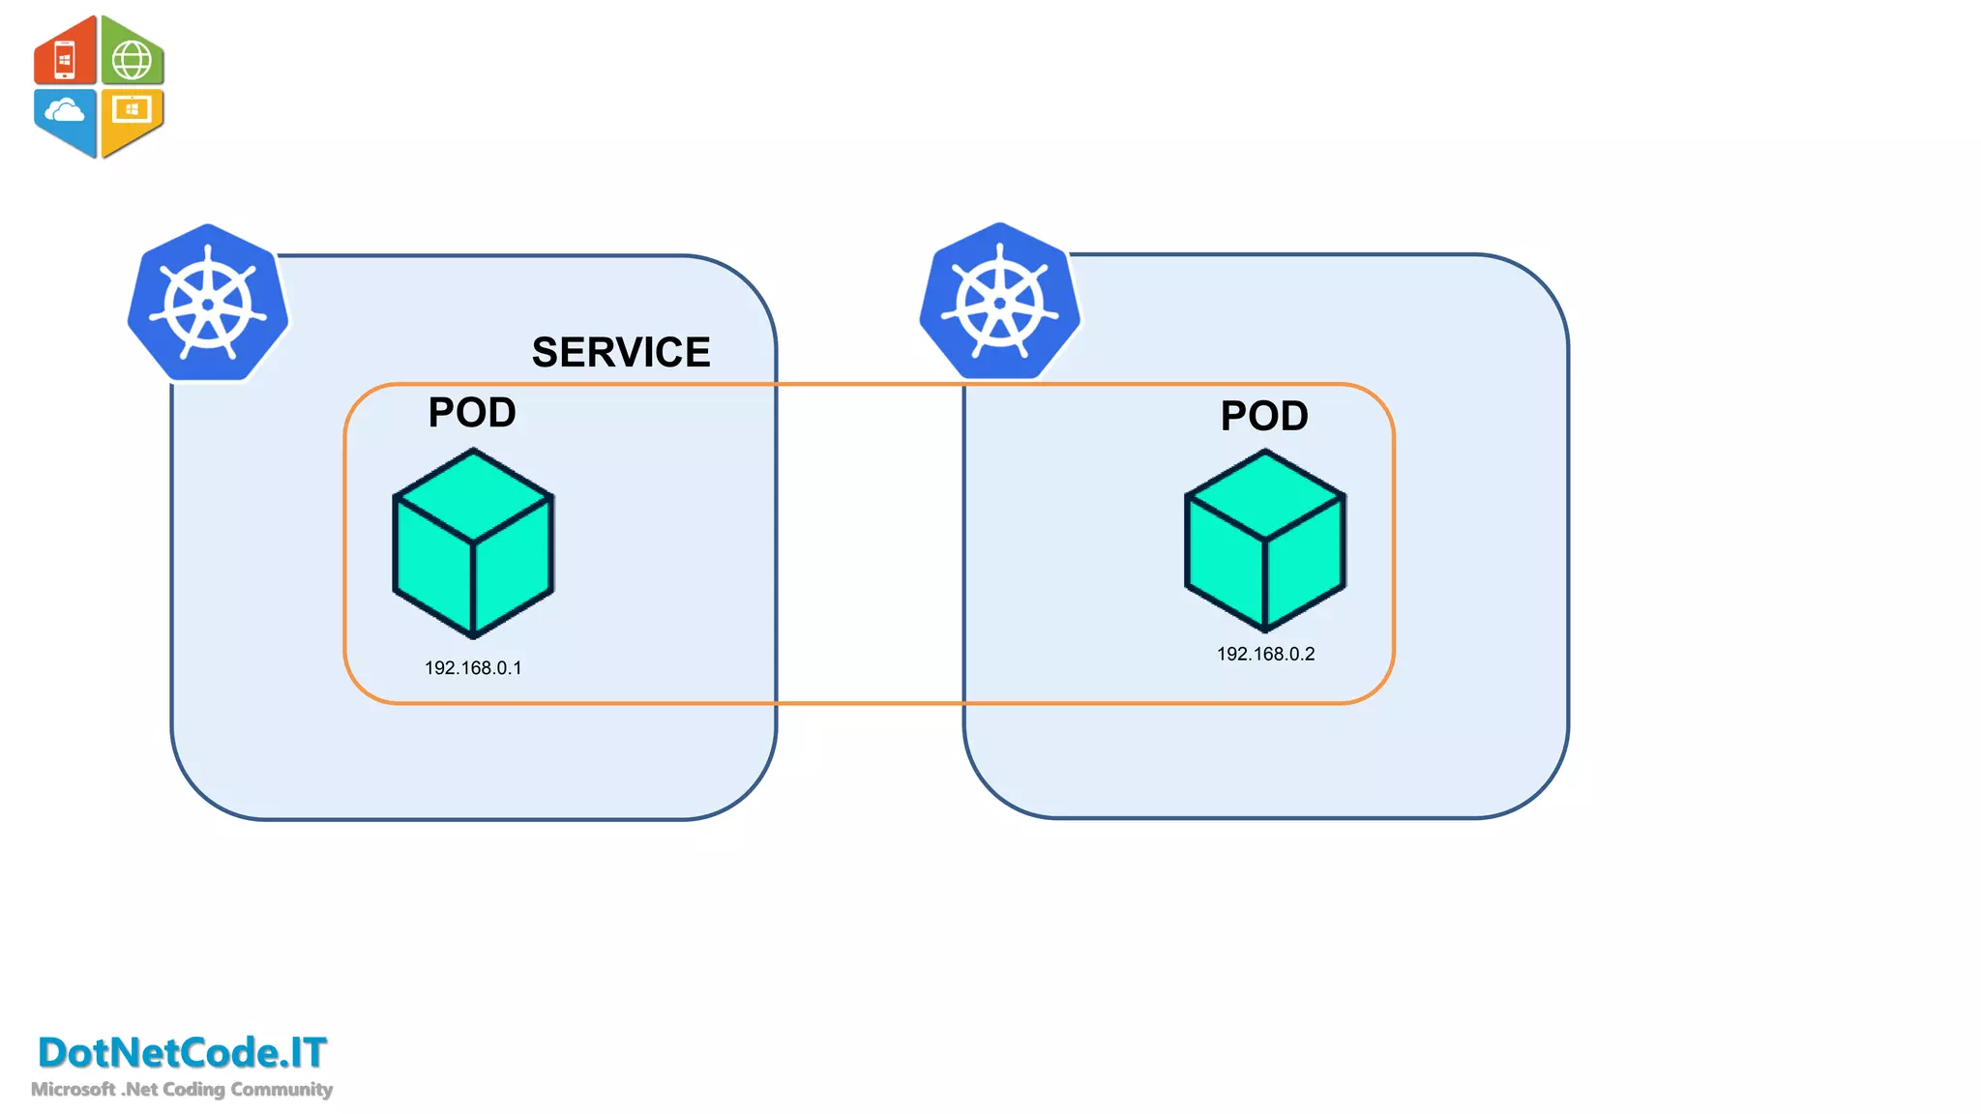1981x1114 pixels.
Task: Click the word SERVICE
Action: pyautogui.click(x=621, y=352)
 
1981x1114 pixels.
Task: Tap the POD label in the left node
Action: pyautogui.click(x=472, y=413)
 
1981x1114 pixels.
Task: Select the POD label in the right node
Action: pyautogui.click(x=1264, y=417)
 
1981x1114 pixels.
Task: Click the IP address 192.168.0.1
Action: pyautogui.click(x=473, y=668)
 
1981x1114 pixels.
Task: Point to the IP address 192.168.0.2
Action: pyautogui.click(x=1265, y=655)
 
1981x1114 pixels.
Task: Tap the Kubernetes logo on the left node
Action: pyautogui.click(x=208, y=304)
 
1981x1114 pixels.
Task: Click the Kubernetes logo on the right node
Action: pyautogui.click(x=1000, y=302)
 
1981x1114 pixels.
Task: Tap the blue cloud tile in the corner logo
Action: pyautogui.click(x=65, y=116)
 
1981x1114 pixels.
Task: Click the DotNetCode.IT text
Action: pyautogui.click(x=182, y=1053)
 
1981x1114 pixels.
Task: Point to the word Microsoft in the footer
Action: pyautogui.click(x=73, y=1090)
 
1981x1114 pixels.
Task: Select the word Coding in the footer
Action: pyautogui.click(x=193, y=1090)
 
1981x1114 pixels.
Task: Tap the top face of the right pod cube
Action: pyautogui.click(x=1265, y=494)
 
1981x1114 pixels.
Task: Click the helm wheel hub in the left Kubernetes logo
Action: pyautogui.click(x=208, y=305)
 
